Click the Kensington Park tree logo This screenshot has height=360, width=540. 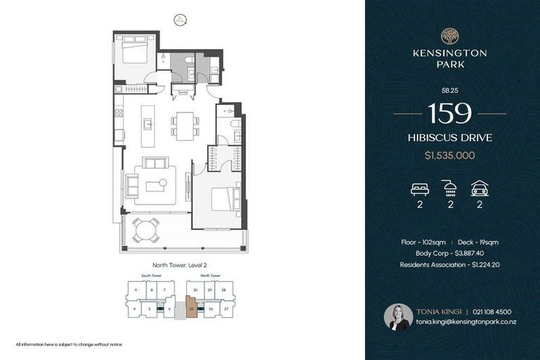coord(449,36)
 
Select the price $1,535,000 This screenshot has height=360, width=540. coord(449,155)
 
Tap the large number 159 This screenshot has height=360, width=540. coord(449,112)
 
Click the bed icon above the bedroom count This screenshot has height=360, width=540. coord(419,188)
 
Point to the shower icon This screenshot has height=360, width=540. coord(449,188)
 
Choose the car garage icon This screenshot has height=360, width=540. coord(480,188)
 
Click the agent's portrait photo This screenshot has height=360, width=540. coord(398,317)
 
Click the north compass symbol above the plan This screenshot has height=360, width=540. coord(181,20)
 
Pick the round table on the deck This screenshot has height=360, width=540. coord(147,229)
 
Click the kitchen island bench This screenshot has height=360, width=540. coord(148,126)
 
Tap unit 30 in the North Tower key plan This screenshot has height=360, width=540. coord(195,290)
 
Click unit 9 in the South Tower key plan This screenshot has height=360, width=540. coord(135,290)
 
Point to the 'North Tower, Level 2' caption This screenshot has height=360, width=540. coord(181,265)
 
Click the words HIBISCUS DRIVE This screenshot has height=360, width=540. coord(449,138)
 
